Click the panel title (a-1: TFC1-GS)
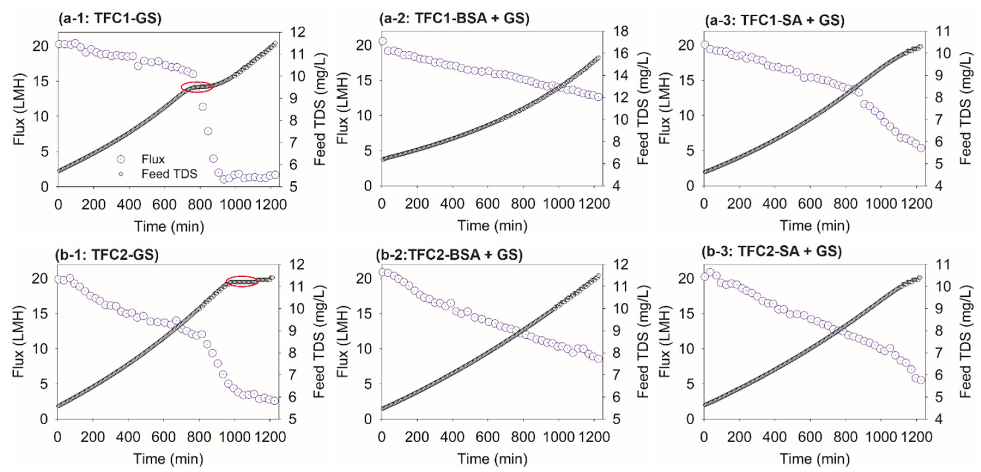110,18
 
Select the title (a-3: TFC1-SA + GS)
774,20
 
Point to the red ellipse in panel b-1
242,281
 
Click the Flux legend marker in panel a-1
121,159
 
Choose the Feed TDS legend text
169,174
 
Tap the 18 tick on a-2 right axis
620,31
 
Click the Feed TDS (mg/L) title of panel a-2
643,109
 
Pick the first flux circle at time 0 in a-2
383,41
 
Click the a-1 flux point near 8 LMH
208,131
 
